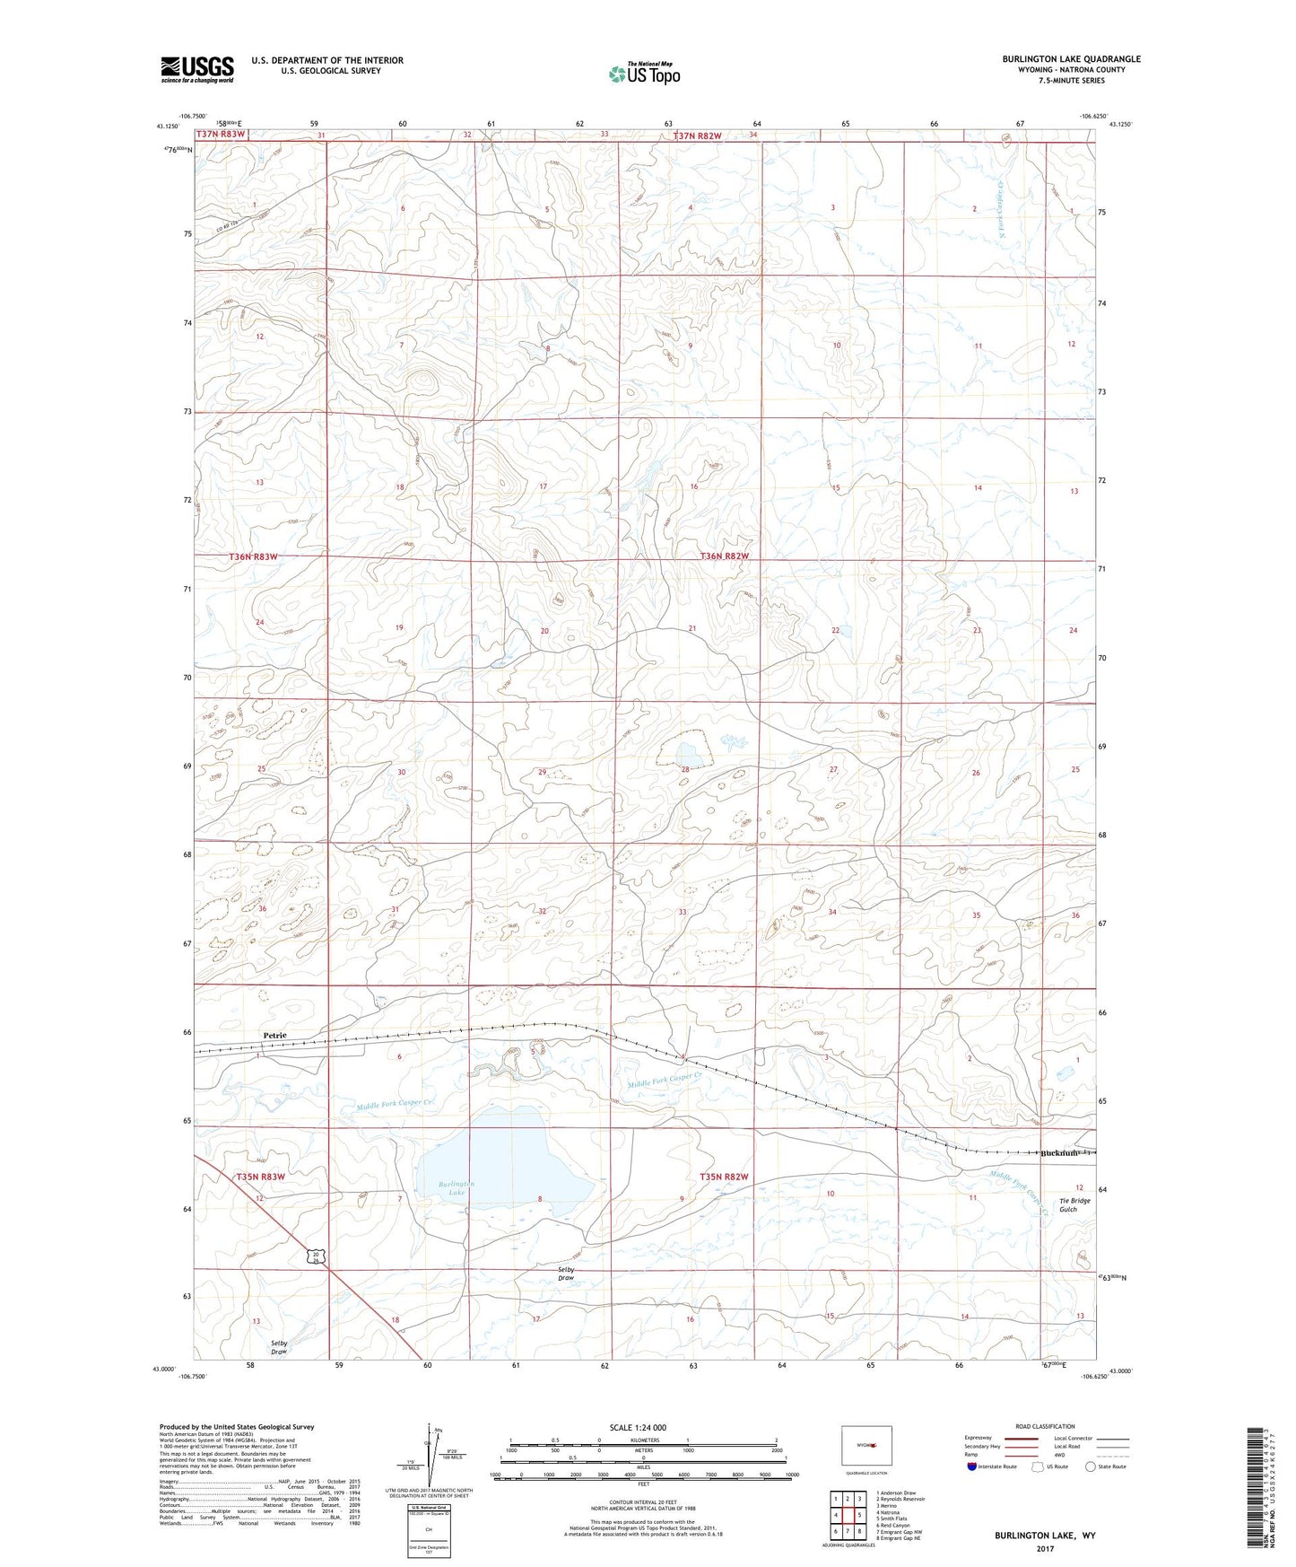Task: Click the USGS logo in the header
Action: (197, 69)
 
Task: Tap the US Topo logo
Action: (644, 74)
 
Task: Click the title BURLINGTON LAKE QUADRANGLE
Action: (1071, 59)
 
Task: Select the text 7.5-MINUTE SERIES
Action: (1071, 81)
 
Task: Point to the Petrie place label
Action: (275, 1036)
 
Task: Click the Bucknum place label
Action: (1059, 1152)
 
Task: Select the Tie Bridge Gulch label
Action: (1074, 1204)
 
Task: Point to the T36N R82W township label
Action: (724, 556)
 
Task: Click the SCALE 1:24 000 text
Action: (638, 1427)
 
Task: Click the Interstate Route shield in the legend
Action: (972, 1466)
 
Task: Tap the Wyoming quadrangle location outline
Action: (866, 1446)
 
